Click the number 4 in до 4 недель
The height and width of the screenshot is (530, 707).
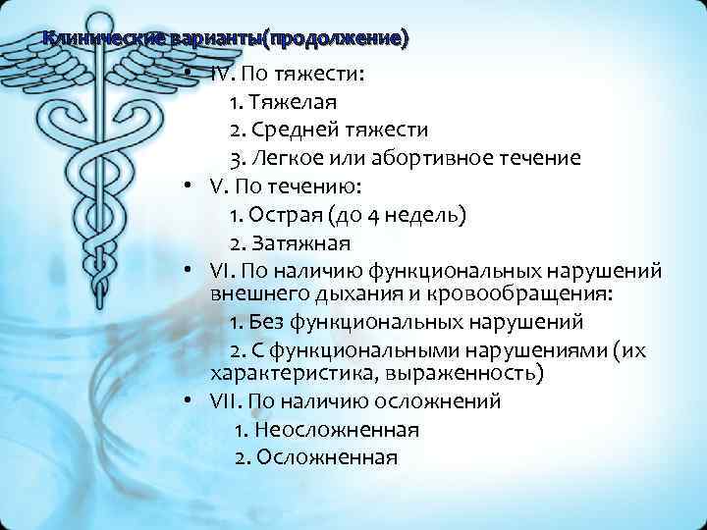[389, 214]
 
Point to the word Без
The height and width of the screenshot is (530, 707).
[264, 322]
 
